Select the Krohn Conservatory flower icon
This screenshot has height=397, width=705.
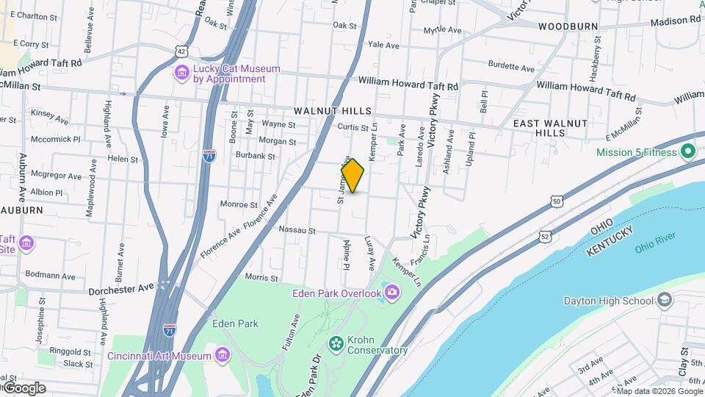pyautogui.click(x=336, y=343)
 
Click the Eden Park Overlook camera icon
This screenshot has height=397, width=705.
pyautogui.click(x=392, y=294)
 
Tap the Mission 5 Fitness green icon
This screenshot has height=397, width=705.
pyautogui.click(x=688, y=153)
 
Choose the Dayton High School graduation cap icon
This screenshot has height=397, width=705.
pyautogui.click(x=665, y=300)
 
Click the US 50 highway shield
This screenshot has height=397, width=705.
pyautogui.click(x=558, y=201)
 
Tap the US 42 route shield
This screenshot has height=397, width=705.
pyautogui.click(x=181, y=49)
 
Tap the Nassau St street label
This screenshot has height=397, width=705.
pyautogui.click(x=297, y=230)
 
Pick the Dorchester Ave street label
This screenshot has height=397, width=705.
pyautogui.click(x=121, y=288)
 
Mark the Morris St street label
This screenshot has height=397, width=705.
pyautogui.click(x=261, y=278)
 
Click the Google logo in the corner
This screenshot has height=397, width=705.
pyautogui.click(x=25, y=387)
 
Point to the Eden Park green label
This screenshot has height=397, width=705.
pyautogui.click(x=235, y=323)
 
